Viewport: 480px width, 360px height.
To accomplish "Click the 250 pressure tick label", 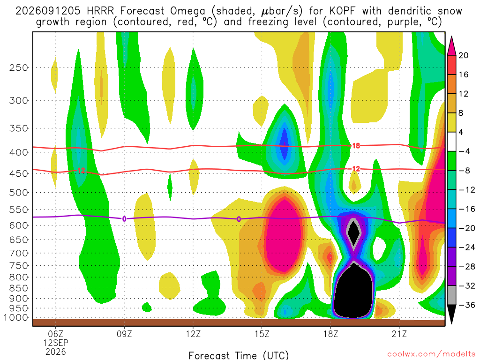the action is pos(18,67).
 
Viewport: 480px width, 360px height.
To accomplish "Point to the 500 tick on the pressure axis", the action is pos(18,193).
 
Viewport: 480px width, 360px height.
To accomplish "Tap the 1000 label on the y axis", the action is pos(15,317).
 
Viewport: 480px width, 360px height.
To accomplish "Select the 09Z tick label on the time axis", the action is pos(124,334).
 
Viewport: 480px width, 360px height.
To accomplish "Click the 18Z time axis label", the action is pos(330,334).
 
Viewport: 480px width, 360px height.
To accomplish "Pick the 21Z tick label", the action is pos(399,334).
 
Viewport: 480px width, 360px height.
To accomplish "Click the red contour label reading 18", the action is pos(356,146).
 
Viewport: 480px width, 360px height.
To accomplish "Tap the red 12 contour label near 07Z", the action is pos(81,171).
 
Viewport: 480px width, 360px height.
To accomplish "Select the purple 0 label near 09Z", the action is pos(124,219).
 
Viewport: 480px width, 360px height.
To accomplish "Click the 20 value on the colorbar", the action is pos(464,55).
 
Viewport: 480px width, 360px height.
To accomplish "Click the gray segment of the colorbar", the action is pos(451,295).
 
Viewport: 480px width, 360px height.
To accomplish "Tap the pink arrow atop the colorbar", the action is pos(451,46).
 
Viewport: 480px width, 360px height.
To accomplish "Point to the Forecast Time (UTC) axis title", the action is pos(239,355).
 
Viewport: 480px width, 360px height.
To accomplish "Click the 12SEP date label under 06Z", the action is pos(56,343).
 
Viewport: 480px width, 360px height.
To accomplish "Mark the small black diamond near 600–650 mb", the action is pos(353,232).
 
